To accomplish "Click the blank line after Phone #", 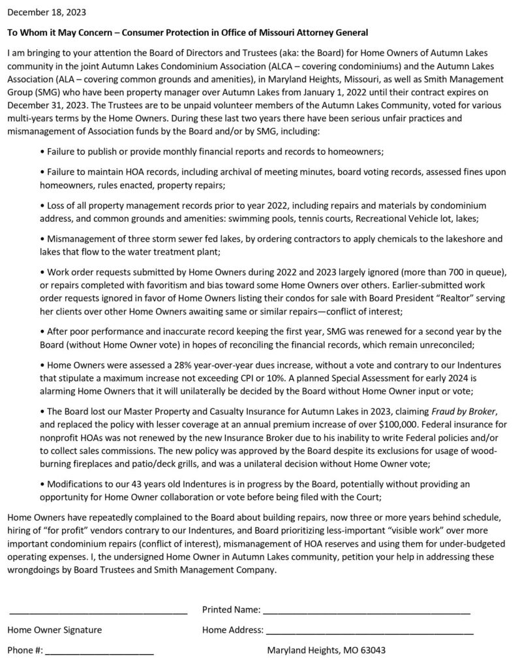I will coord(100,653).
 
